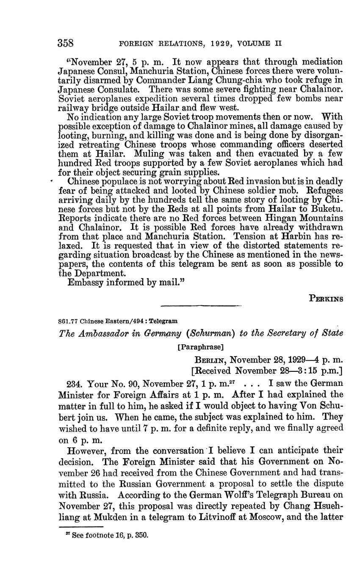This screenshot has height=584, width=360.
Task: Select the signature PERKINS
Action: coord(326,298)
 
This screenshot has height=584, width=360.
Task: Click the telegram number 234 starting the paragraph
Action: coord(75,385)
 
